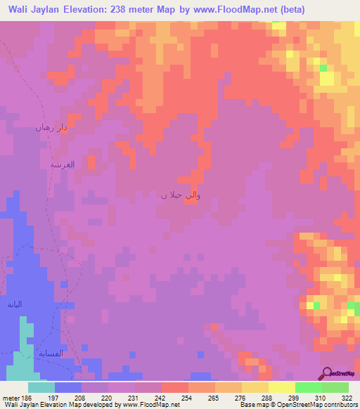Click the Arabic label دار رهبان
pyautogui.click(x=52, y=128)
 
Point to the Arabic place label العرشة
pyautogui.click(x=62, y=164)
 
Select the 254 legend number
pyautogui.click(x=188, y=398)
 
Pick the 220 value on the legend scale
pyautogui.click(x=108, y=398)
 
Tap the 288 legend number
pyautogui.click(x=268, y=398)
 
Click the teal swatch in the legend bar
pyautogui.click(x=41, y=387)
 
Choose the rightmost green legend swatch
pyautogui.click(x=335, y=387)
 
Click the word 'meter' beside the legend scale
pyautogui.click(x=10, y=398)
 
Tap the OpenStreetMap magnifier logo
pyautogui.click(x=327, y=373)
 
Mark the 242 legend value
pyautogui.click(x=161, y=398)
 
